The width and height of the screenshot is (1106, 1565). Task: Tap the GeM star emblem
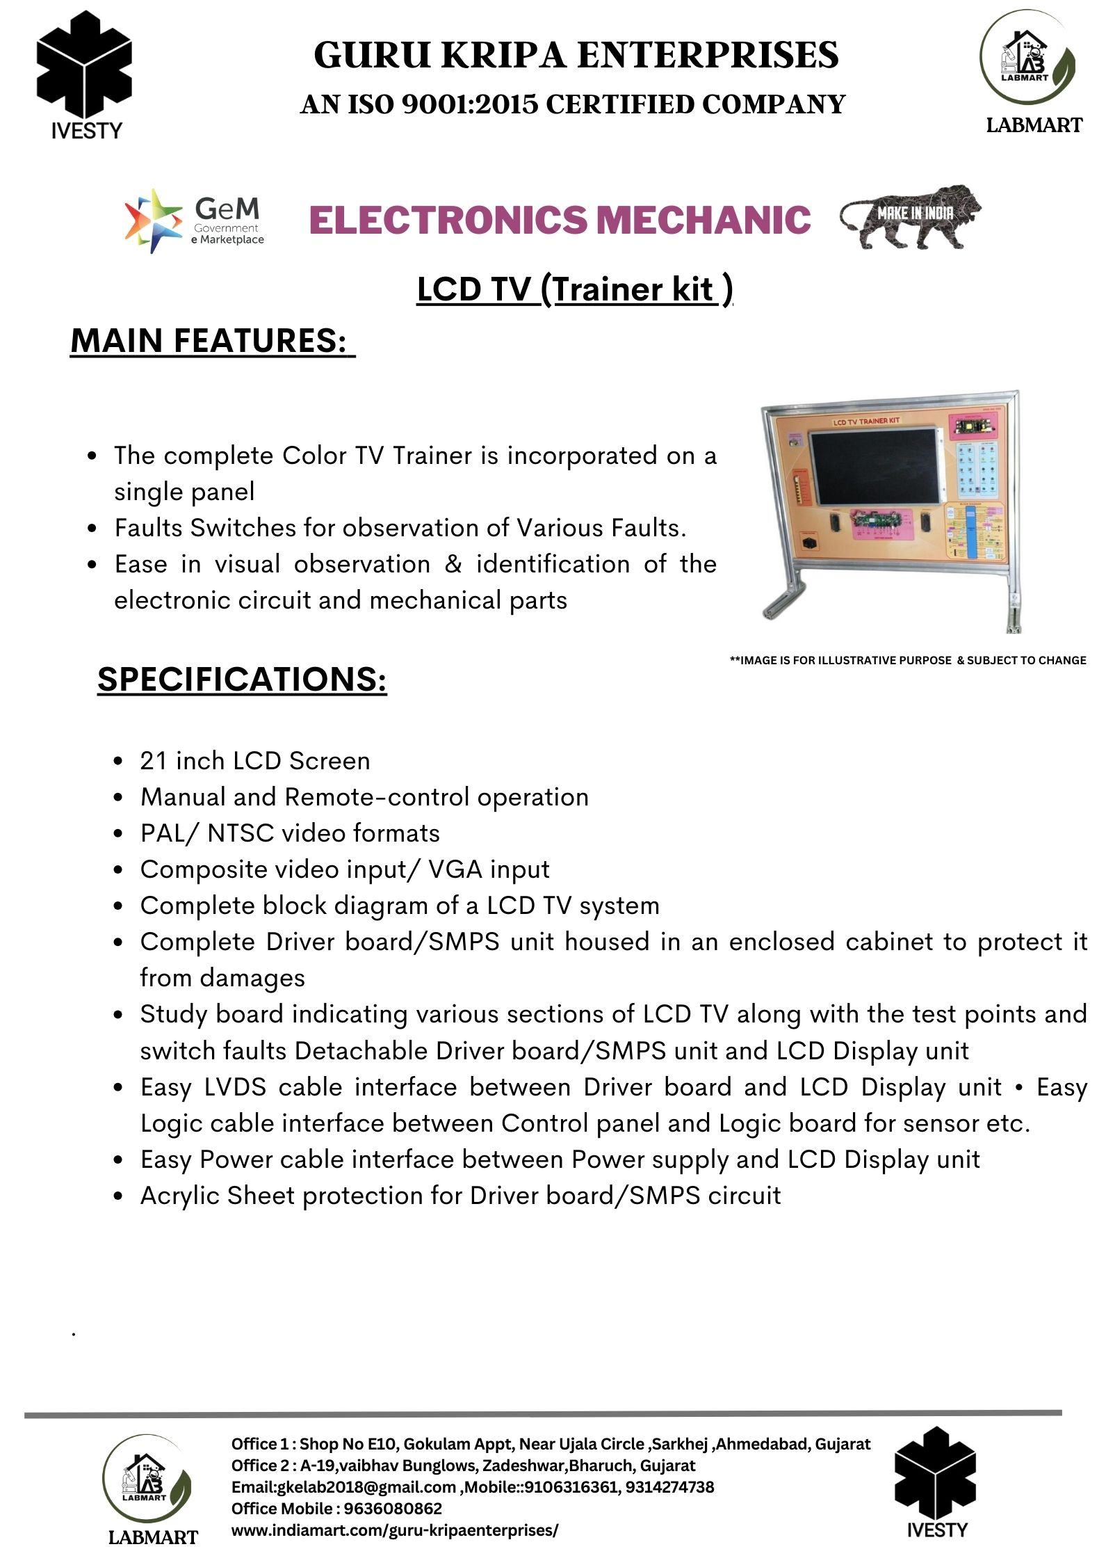[154, 220]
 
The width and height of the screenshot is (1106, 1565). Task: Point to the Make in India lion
[911, 216]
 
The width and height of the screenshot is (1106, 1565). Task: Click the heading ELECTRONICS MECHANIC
[560, 220]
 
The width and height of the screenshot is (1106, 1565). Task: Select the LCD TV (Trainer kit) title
[574, 289]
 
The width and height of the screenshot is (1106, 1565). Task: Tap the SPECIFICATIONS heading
[242, 679]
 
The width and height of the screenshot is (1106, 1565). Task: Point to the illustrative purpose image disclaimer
[907, 660]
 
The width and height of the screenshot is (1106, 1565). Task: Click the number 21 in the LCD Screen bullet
[154, 761]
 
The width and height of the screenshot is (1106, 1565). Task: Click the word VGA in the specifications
[455, 869]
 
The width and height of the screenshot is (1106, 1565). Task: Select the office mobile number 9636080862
[393, 1509]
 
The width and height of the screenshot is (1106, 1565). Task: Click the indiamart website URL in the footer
[395, 1530]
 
